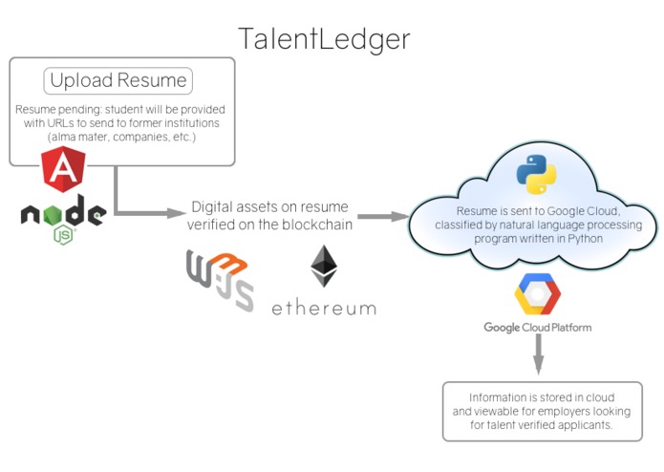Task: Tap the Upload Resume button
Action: point(118,80)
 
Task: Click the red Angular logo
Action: point(62,170)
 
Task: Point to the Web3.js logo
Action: point(220,280)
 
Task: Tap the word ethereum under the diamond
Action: point(323,308)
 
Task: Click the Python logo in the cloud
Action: point(536,175)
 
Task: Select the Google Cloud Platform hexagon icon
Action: point(537,294)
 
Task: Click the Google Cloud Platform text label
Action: point(537,328)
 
